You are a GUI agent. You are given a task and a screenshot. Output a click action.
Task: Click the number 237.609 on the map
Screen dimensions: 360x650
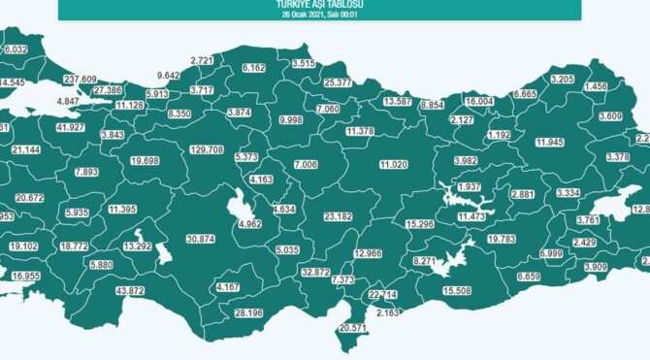81,79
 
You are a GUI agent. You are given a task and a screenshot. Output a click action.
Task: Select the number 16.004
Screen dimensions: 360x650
479,102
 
